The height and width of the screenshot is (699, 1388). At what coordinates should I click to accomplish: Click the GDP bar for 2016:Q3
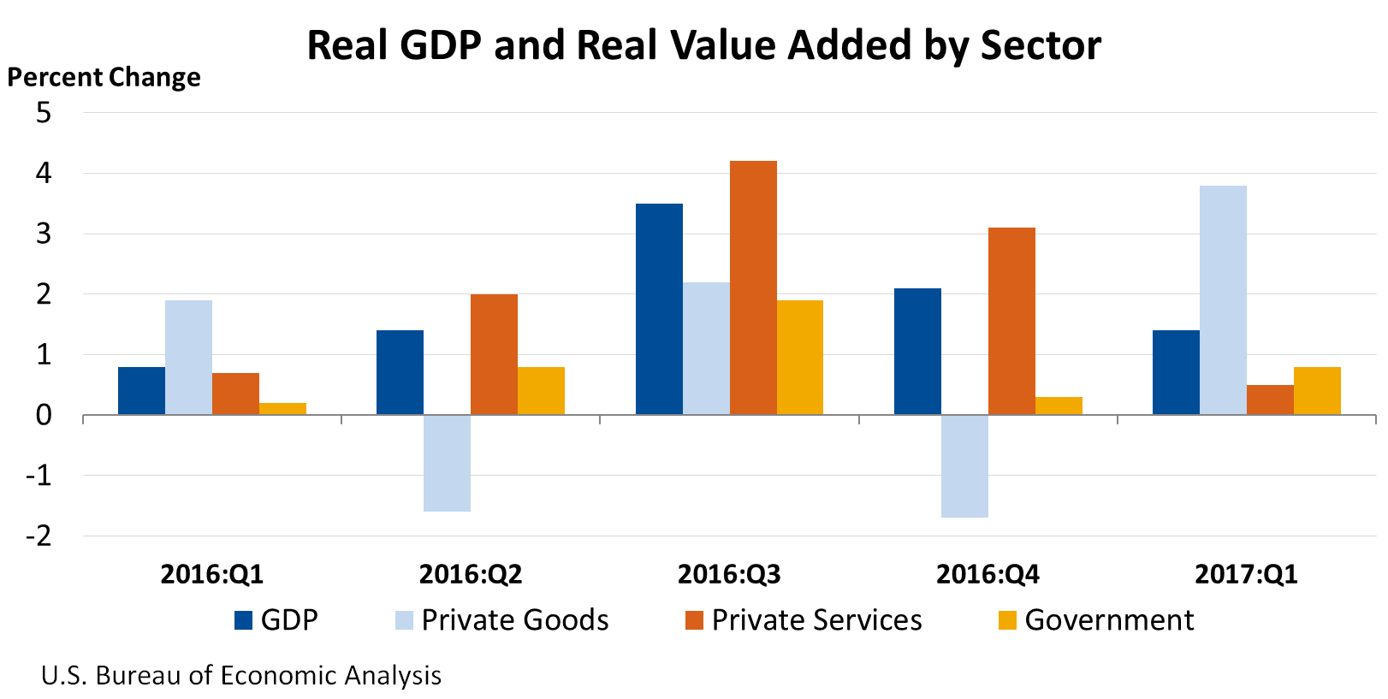(659, 309)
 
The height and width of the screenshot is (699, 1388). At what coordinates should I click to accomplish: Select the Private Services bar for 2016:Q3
(753, 287)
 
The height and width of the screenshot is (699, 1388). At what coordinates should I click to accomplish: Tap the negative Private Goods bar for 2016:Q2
(447, 463)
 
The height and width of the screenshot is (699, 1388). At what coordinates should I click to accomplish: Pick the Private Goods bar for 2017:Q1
(1223, 300)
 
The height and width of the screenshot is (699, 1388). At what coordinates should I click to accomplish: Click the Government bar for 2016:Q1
(282, 409)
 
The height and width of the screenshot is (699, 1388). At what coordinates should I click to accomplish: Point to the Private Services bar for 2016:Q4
(1011, 321)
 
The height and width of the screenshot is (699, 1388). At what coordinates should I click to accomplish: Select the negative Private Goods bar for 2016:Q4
(964, 466)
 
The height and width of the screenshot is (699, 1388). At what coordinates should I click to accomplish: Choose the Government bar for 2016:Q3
(800, 358)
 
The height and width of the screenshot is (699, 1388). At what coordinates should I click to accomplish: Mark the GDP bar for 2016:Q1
(141, 391)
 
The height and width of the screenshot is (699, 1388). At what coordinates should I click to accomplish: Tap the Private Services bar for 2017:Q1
(1270, 400)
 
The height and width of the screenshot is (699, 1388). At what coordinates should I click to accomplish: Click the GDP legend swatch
(244, 620)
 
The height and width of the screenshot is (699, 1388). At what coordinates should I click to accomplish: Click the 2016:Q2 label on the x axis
(471, 574)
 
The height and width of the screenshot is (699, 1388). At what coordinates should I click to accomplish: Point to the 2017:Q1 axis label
(1246, 574)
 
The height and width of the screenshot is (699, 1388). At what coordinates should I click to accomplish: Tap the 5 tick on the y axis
(44, 112)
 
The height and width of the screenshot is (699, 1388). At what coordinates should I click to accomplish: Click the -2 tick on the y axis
(39, 536)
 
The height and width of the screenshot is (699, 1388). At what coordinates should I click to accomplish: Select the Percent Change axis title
(104, 77)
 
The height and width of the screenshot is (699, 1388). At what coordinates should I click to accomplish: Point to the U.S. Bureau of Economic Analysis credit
(241, 676)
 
